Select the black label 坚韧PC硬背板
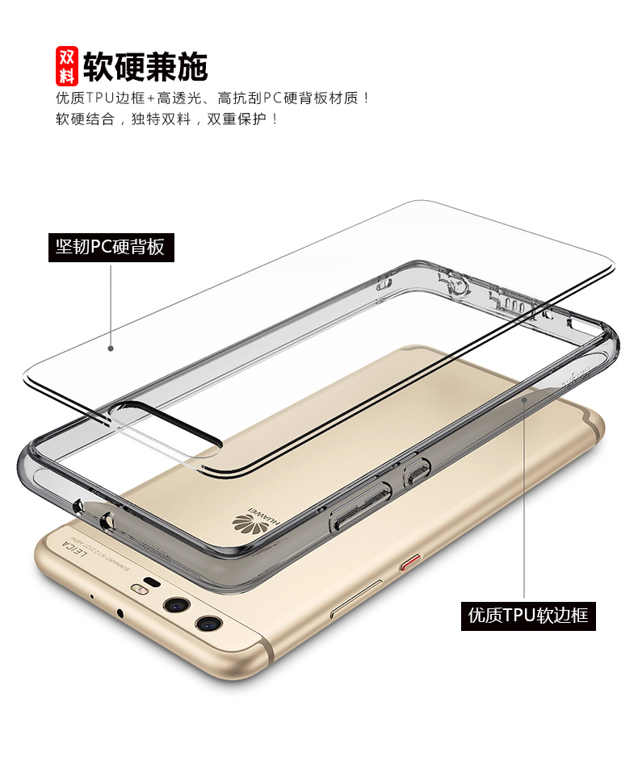tap(110, 246)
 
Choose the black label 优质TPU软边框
tap(528, 616)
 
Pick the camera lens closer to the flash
tap(175, 605)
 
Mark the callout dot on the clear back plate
tap(111, 349)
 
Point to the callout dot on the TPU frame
tap(525, 396)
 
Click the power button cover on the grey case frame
tap(414, 471)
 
